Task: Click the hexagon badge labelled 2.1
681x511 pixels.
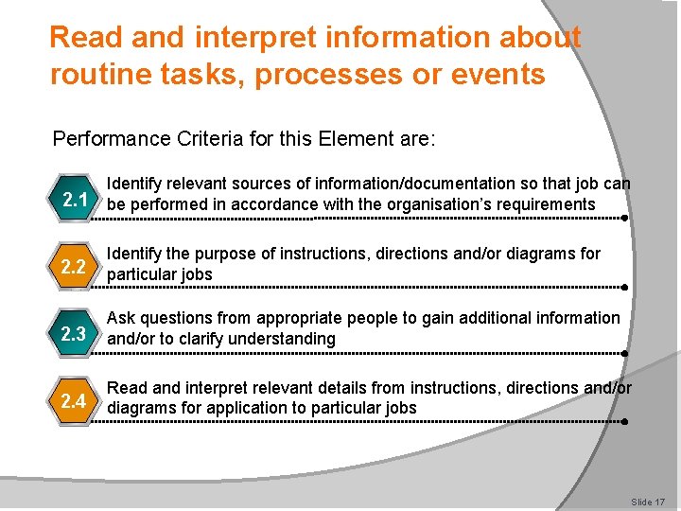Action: pos(75,200)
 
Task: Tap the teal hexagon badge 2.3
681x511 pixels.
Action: pos(75,334)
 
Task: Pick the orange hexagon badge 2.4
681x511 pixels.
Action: pos(75,401)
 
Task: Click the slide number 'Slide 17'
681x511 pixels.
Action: pos(648,502)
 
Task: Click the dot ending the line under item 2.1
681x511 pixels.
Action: pos(626,218)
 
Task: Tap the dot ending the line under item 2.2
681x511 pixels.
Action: pos(626,286)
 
